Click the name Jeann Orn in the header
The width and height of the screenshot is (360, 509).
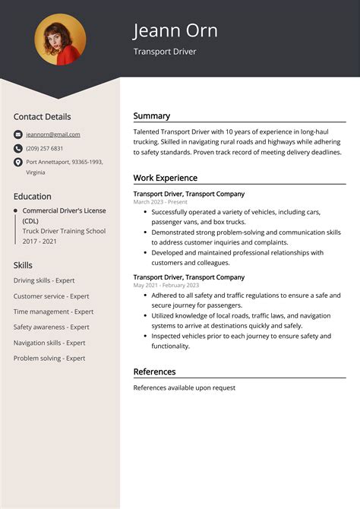tap(175, 30)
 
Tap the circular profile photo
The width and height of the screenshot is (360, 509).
tap(60, 40)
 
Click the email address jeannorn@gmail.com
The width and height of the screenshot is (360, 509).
tap(52, 134)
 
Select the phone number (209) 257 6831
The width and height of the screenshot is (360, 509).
tap(45, 148)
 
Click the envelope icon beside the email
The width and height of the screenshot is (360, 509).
tap(18, 134)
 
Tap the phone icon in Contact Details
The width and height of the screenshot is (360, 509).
tap(18, 148)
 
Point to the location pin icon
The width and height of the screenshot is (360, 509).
tap(18, 162)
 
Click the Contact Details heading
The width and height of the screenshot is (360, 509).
tap(42, 117)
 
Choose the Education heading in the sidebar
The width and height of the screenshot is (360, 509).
tap(32, 196)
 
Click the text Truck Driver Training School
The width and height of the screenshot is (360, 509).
tap(64, 231)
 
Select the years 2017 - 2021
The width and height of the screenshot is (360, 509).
tap(39, 242)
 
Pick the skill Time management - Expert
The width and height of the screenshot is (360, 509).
tap(53, 311)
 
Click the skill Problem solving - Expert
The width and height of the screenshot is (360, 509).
tap(49, 358)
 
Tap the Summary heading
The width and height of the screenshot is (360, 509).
tap(151, 116)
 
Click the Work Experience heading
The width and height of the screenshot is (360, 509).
tap(165, 178)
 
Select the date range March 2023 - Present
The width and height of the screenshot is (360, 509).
tap(159, 202)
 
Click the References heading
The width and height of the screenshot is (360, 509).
tap(154, 371)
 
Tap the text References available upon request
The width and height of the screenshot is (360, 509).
tap(184, 387)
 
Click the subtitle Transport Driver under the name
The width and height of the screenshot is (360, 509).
tap(164, 52)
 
